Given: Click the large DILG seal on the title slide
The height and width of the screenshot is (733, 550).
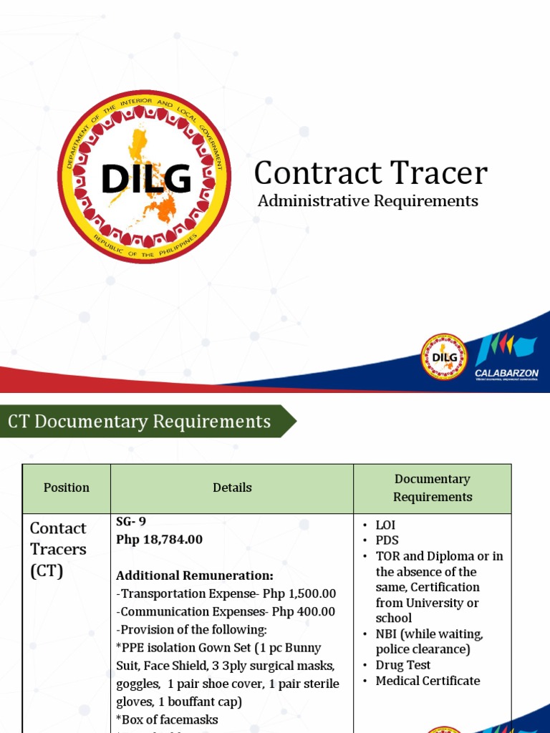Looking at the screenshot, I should tap(144, 177).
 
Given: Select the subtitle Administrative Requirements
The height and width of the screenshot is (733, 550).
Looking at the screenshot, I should tap(367, 201).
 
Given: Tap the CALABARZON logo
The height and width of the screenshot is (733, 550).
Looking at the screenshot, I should tap(506, 356).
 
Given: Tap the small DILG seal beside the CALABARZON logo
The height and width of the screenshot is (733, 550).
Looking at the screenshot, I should tap(444, 356).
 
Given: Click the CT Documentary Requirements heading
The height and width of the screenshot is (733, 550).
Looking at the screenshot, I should tap(140, 422).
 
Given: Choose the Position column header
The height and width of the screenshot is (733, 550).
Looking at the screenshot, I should tap(67, 487).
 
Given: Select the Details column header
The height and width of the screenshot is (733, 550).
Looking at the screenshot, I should tap(232, 487).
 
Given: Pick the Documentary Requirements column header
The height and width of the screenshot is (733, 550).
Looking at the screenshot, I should tap(433, 487).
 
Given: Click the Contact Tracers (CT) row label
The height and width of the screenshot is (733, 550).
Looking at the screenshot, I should tap(58, 549).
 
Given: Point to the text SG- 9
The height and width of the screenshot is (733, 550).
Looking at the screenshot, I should tap(131, 521).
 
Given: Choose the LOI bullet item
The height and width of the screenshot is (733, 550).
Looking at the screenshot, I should tap(385, 525).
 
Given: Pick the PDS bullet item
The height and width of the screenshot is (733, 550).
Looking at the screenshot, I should tap(387, 540).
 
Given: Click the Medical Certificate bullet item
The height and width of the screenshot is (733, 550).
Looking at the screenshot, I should tap(428, 681).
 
